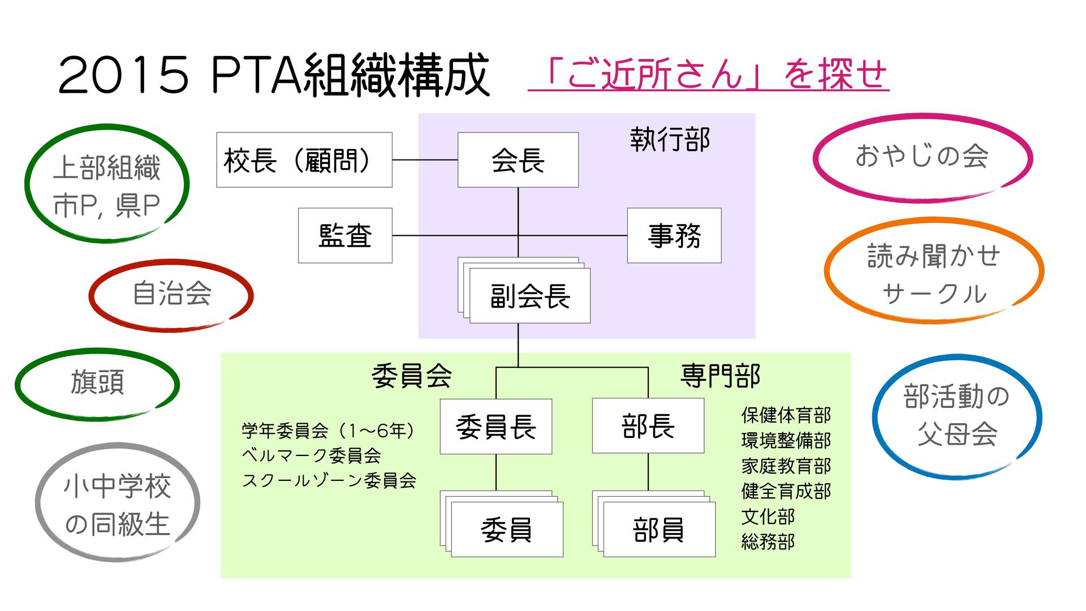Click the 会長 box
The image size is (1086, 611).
(x=518, y=160)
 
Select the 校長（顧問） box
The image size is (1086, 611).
(x=304, y=160)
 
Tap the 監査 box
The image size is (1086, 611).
(x=345, y=235)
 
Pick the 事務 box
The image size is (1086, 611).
(x=674, y=235)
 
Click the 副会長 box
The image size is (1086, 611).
(x=529, y=296)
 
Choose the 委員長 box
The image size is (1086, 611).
(x=495, y=427)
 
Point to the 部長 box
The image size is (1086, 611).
(x=648, y=426)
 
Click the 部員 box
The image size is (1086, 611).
(x=659, y=530)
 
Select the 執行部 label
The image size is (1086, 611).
(x=670, y=140)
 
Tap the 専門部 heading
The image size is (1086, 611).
(x=720, y=376)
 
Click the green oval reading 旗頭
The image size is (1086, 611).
(x=97, y=383)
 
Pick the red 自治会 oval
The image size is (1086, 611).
(x=171, y=294)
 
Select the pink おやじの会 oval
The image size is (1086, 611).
(x=922, y=157)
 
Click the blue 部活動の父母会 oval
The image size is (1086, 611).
(x=956, y=416)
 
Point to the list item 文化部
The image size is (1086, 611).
(x=768, y=517)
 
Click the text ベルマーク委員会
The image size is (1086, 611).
(x=311, y=455)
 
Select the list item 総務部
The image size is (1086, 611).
(x=768, y=542)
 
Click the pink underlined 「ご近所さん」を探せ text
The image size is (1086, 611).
(x=708, y=75)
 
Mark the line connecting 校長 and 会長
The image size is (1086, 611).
(x=425, y=160)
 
